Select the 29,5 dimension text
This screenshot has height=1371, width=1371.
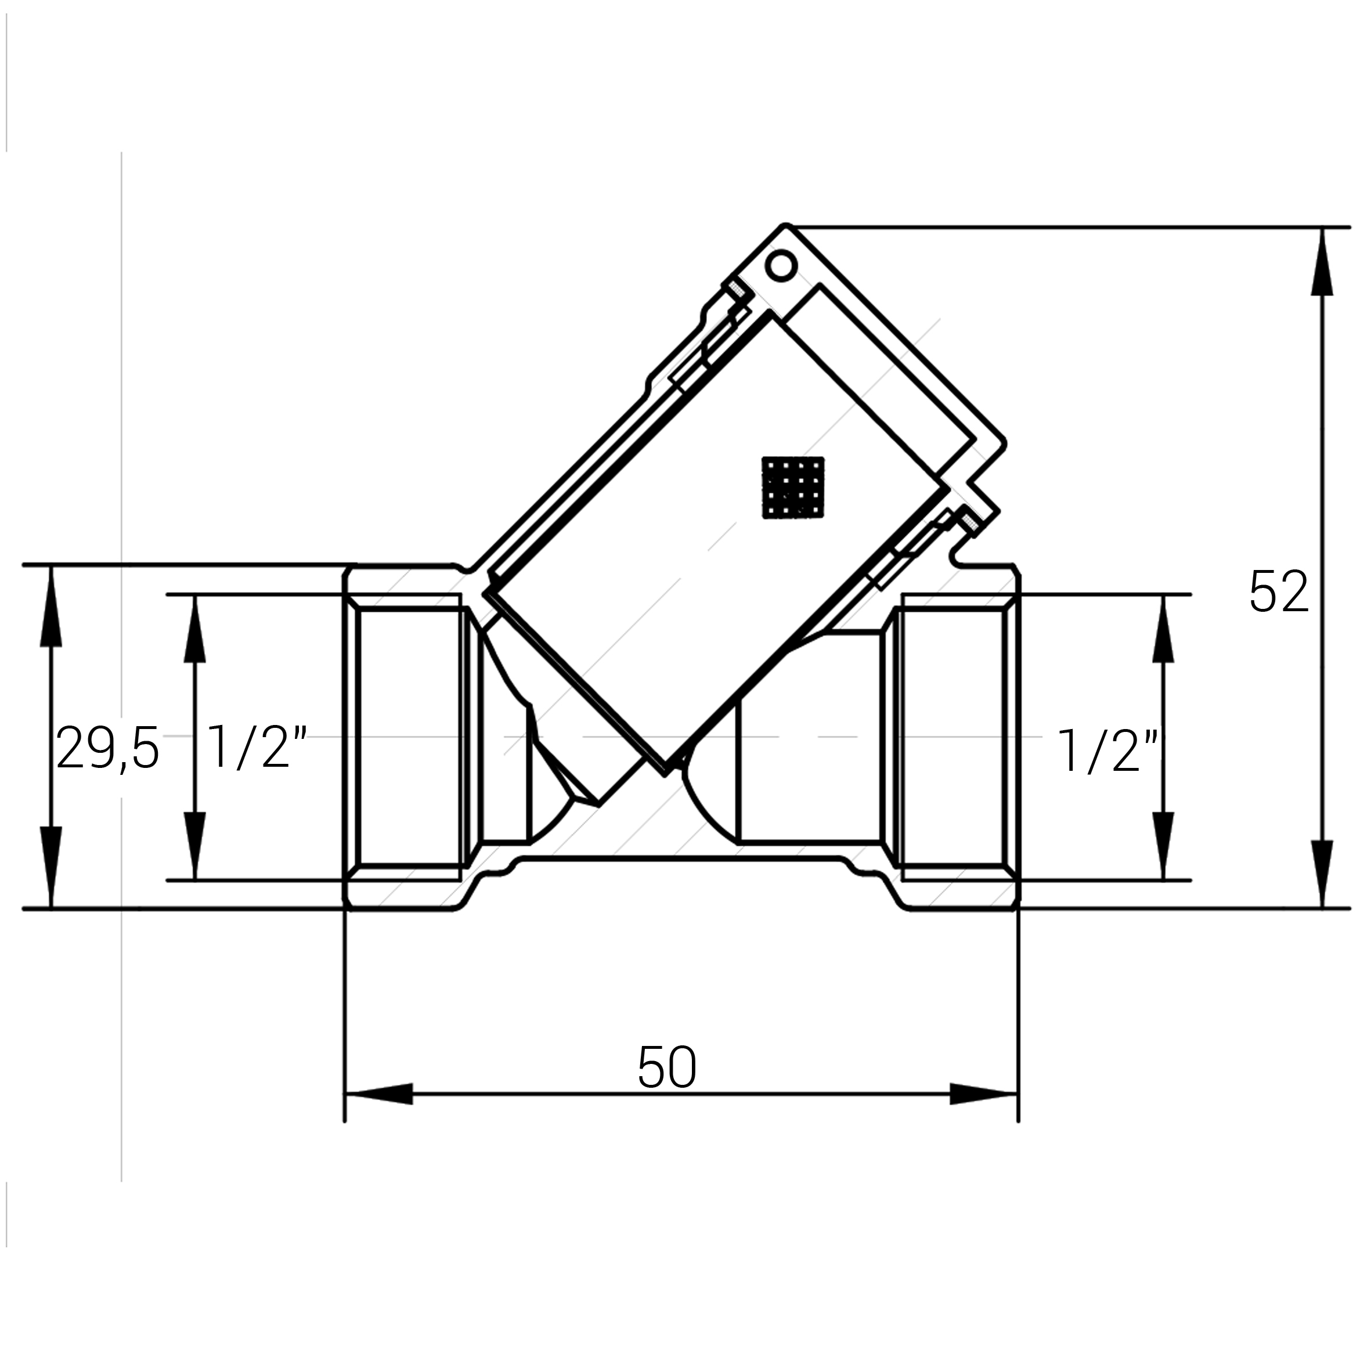coord(108,749)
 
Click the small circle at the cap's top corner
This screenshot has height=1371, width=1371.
coord(781,265)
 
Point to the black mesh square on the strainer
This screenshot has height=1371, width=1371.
coord(793,487)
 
